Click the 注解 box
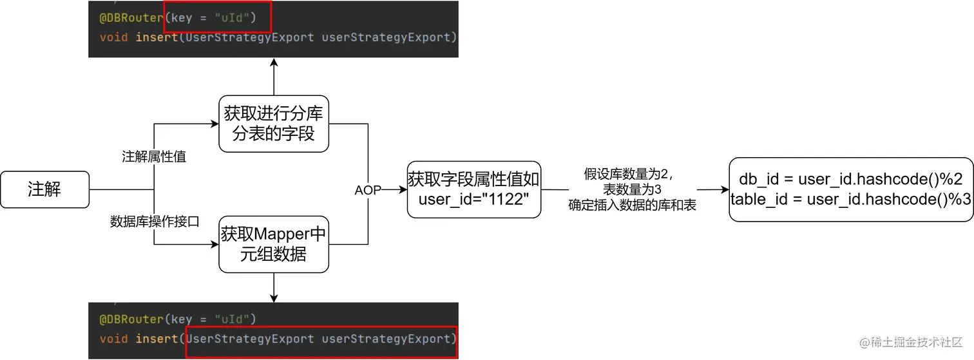click(x=44, y=189)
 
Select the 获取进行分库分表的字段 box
click(x=273, y=124)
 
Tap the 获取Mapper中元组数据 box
click(x=273, y=243)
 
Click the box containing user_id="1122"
click(x=473, y=189)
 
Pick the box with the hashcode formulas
click(x=850, y=189)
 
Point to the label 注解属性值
click(x=154, y=156)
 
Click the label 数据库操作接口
click(x=155, y=222)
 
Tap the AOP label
click(x=368, y=191)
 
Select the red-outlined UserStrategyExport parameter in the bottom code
click(x=321, y=339)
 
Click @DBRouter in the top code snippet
click(x=131, y=18)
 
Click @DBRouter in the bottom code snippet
click(x=131, y=319)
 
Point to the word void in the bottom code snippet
click(x=113, y=339)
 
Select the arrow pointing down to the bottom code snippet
click(x=274, y=287)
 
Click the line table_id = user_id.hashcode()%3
click(x=850, y=200)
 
